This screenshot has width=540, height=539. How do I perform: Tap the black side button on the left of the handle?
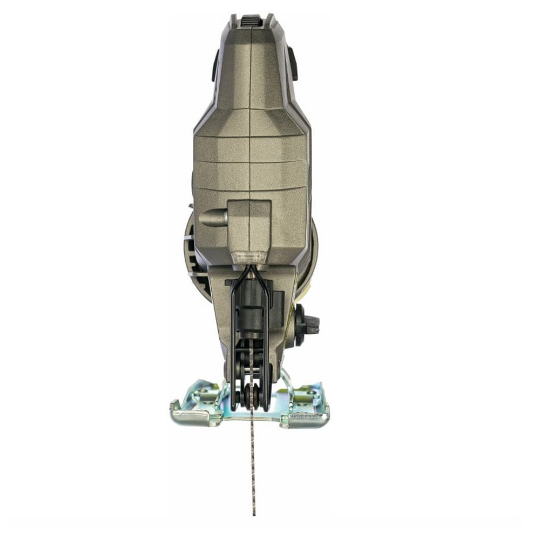pyautogui.click(x=214, y=65)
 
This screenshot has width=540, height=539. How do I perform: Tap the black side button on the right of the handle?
pyautogui.click(x=293, y=63)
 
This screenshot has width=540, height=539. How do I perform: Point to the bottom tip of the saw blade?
pyautogui.click(x=253, y=513)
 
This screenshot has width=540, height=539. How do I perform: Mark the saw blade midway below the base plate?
pyautogui.click(x=253, y=464)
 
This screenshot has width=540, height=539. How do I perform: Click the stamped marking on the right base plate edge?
pyautogui.click(x=306, y=416)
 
